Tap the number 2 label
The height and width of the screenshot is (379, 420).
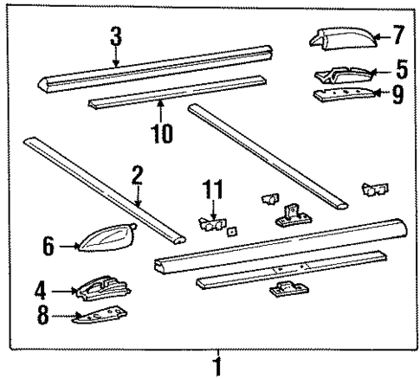(137, 177)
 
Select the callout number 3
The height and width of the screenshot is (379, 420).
(115, 38)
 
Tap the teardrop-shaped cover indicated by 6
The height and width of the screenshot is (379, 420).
(107, 235)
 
